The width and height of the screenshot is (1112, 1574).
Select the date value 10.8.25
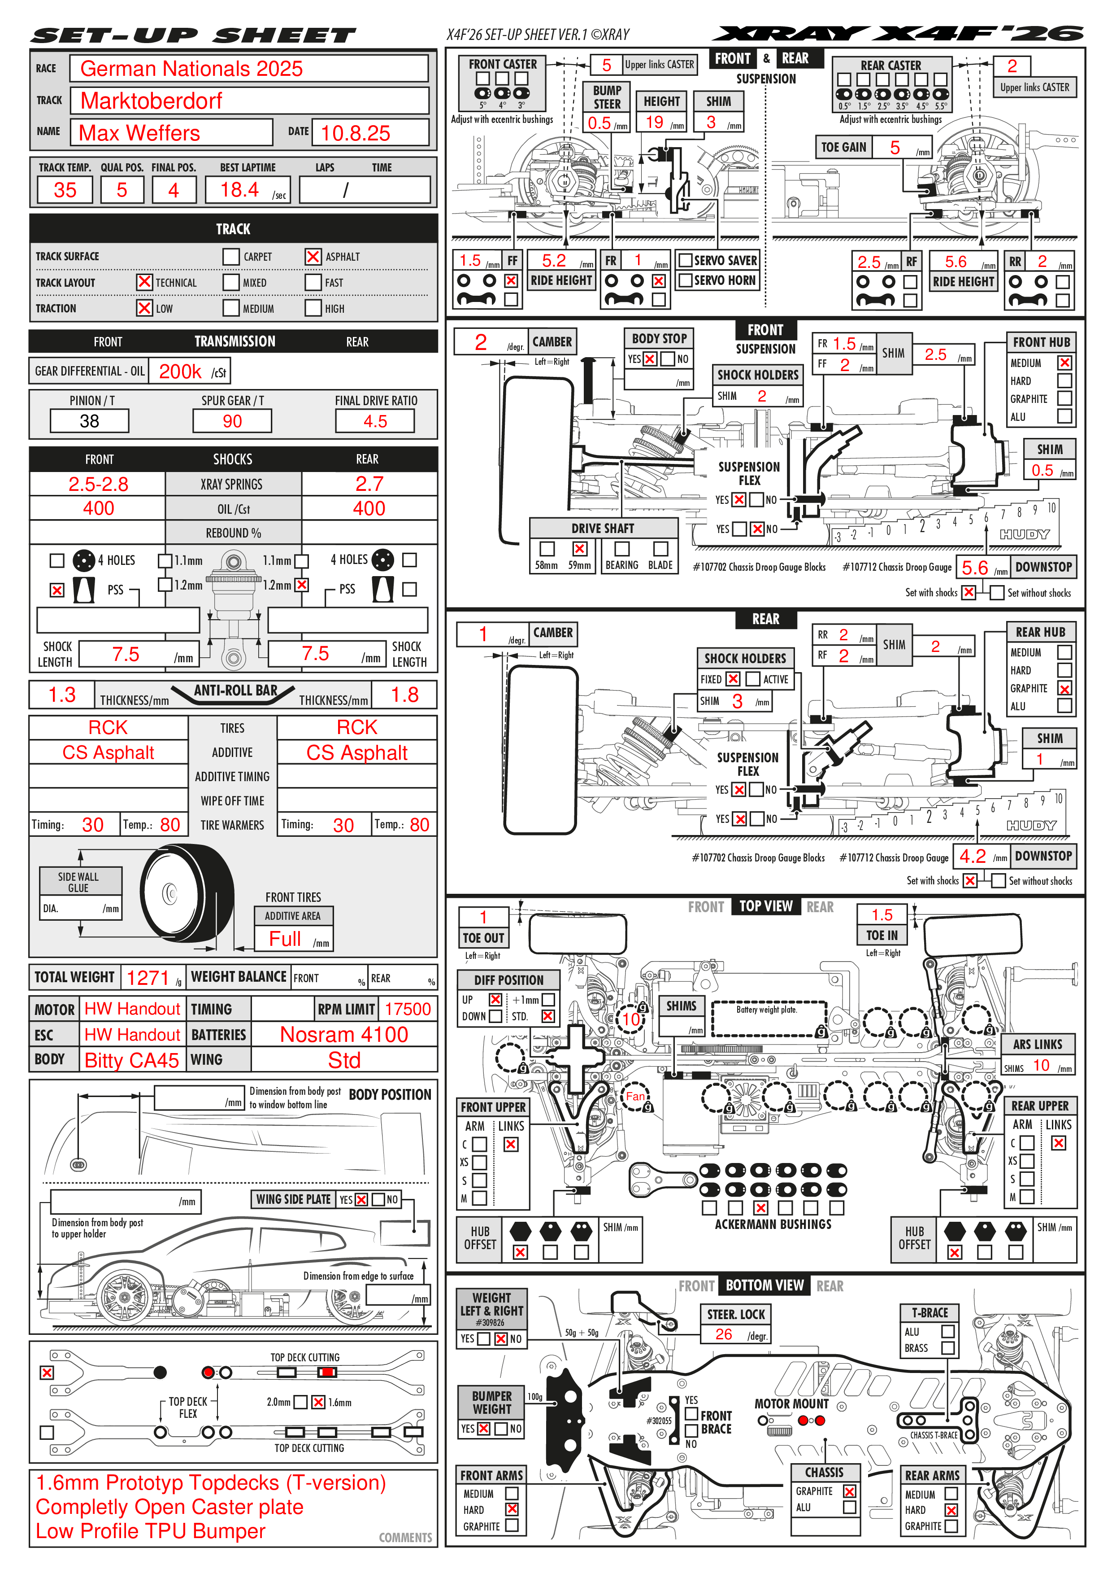[355, 133]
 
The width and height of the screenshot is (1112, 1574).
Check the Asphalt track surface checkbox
[313, 256]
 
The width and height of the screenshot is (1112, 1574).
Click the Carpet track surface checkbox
[231, 256]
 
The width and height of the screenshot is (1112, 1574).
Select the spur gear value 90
[232, 421]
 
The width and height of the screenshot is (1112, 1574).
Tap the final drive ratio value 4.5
[375, 421]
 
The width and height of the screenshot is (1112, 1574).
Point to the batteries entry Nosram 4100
[344, 1035]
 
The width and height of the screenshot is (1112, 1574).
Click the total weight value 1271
[148, 978]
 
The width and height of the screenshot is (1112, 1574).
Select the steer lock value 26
[724, 1334]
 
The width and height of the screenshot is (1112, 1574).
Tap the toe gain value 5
[895, 147]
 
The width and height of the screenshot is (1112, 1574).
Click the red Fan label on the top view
[635, 1096]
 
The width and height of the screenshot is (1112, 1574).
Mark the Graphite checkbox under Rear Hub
[1064, 688]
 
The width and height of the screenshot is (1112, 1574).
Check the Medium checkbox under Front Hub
[1064, 363]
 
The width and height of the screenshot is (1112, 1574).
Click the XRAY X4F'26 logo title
[898, 34]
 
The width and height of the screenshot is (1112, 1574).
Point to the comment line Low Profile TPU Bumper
[151, 1531]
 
